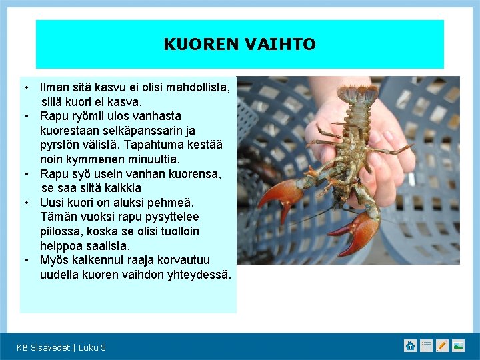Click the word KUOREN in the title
[195, 45]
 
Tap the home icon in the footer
[410, 345]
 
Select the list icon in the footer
[426, 345]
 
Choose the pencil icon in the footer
[442, 345]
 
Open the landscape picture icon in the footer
[458, 345]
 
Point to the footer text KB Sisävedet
[43, 347]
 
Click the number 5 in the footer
[103, 347]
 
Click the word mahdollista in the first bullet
[198, 87]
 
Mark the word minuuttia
[152, 160]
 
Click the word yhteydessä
[199, 275]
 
